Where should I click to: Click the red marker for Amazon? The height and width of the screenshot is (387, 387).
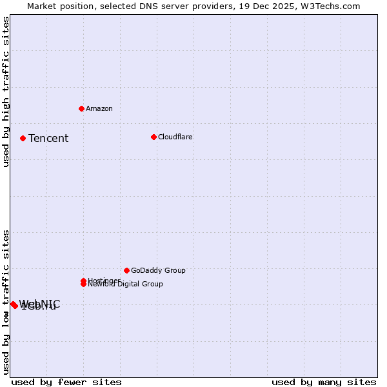coord(81,108)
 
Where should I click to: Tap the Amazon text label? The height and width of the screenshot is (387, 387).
coord(99,108)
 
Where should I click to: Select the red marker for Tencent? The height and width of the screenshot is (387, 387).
coord(23,138)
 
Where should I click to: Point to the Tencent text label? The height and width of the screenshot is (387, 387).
coord(48,138)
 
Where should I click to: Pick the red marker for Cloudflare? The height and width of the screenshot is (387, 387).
coord(154,137)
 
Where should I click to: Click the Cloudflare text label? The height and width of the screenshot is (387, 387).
coord(175,137)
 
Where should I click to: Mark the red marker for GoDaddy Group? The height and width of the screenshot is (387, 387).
coord(126,270)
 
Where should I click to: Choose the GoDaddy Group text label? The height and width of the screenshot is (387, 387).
coord(158,270)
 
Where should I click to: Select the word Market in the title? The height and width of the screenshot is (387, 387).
coord(42,6)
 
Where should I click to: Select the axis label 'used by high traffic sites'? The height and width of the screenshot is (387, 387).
coord(6,92)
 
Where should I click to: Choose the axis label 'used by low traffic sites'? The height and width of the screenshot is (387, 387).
coord(6,302)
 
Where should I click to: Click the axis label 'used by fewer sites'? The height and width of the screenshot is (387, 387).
coord(66,382)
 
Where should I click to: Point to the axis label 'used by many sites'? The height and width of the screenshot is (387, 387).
coord(324,382)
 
